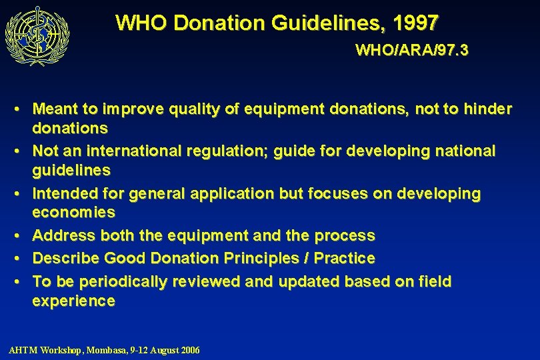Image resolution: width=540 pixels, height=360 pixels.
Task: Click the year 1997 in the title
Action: pyautogui.click(x=416, y=23)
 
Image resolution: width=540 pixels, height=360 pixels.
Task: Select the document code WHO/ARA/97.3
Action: pyautogui.click(x=411, y=51)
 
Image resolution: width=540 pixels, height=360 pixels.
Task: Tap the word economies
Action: pyautogui.click(x=73, y=213)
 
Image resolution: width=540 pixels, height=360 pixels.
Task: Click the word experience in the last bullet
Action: pyautogui.click(x=73, y=301)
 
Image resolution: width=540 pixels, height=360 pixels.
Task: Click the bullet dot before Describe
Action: pyautogui.click(x=23, y=258)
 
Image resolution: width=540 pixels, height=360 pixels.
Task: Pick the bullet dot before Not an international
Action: pyautogui.click(x=23, y=151)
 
